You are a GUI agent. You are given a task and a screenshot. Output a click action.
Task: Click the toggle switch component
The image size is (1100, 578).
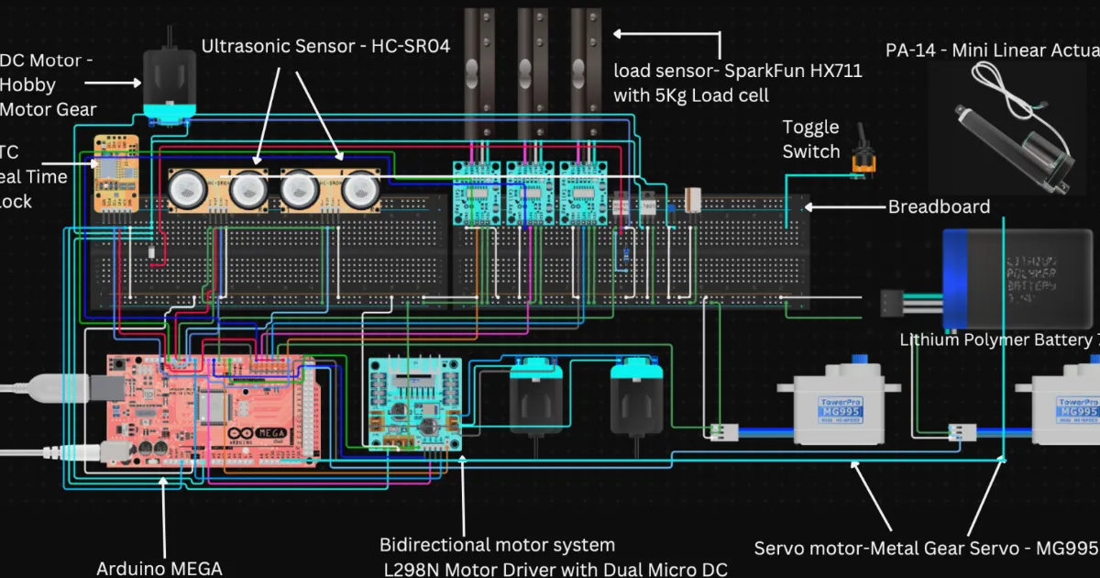(863, 158)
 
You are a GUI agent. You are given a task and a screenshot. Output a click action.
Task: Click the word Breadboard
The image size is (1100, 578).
(939, 207)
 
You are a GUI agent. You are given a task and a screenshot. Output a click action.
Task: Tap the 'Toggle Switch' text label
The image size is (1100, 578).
(810, 139)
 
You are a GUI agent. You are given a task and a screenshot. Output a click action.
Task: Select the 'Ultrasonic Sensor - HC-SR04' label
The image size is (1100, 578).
(325, 46)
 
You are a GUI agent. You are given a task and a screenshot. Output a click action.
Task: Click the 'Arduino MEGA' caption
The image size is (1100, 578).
(159, 568)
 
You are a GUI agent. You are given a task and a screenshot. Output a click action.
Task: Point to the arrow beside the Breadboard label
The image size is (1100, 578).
(843, 207)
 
